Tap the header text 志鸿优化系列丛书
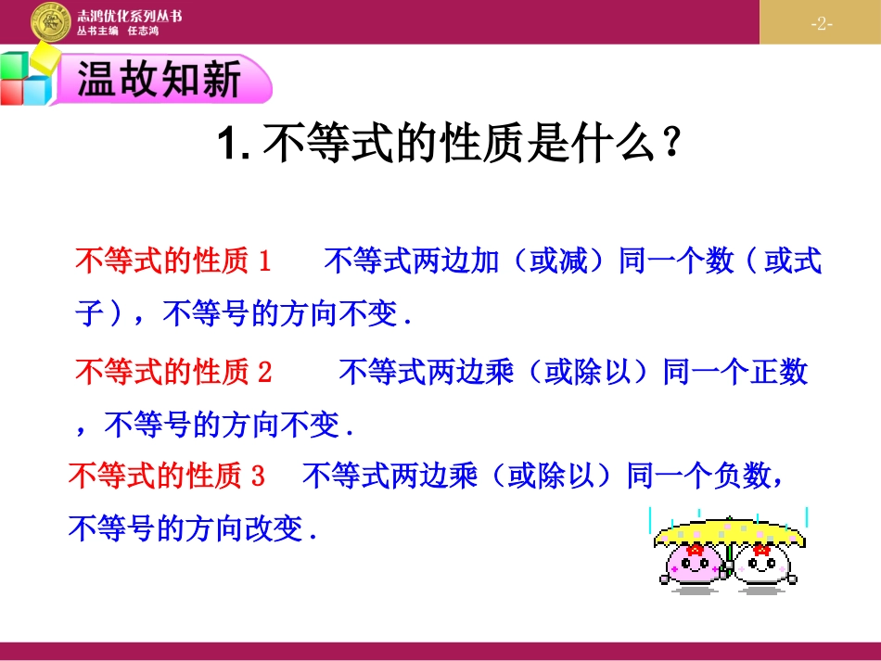tap(129, 16)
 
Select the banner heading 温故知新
tap(159, 80)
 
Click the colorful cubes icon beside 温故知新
tap(28, 79)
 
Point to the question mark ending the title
tap(674, 145)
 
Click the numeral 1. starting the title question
tap(232, 146)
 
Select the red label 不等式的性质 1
tap(172, 261)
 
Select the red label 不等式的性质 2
tap(173, 373)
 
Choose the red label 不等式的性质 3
tap(167, 477)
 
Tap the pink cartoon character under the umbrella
tap(691, 564)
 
